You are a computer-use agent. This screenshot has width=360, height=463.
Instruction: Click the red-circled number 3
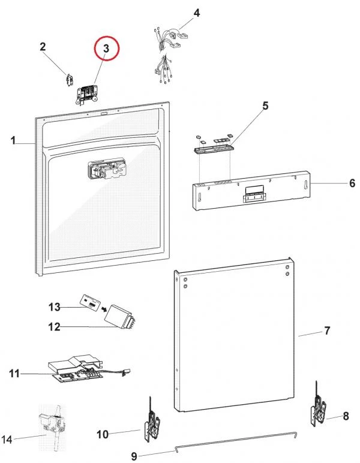(x=107, y=49)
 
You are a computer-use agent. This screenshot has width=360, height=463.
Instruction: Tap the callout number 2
(x=43, y=47)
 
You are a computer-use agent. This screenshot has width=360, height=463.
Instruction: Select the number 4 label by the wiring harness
(x=196, y=13)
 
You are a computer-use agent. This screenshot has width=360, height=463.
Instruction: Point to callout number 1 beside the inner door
(x=13, y=141)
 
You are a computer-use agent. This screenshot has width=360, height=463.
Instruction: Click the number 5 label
(x=265, y=106)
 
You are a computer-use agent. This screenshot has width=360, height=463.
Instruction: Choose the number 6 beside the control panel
(x=352, y=183)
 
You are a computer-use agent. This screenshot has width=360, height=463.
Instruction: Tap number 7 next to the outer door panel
(x=327, y=330)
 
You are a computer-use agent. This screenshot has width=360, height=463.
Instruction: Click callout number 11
(x=14, y=374)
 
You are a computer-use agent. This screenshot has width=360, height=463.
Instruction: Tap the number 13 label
(x=55, y=307)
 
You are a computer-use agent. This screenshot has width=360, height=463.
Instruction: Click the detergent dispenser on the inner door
(x=106, y=171)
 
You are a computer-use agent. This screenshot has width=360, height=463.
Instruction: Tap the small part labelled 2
(x=68, y=79)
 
